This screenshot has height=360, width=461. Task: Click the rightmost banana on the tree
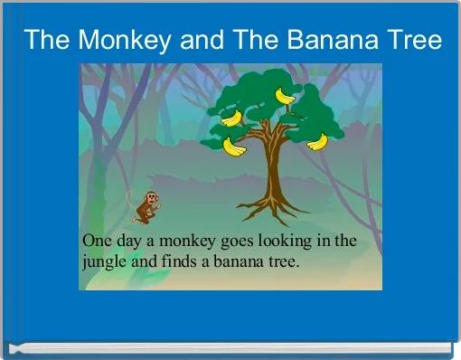[317, 141]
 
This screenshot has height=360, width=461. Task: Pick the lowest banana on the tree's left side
[235, 147]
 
